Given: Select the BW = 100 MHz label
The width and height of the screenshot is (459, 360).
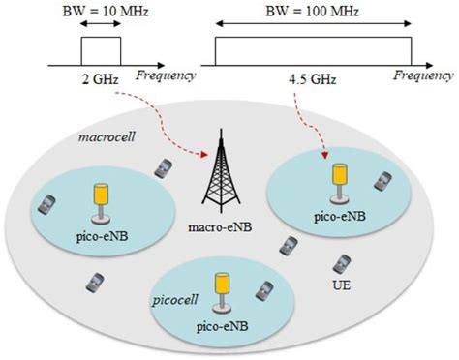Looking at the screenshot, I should (311, 9).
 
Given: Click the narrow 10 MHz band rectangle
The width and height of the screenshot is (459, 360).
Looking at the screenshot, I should (99, 48).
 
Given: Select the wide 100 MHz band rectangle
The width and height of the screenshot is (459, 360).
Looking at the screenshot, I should (313, 48).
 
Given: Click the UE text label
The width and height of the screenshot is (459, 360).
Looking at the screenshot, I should (341, 287).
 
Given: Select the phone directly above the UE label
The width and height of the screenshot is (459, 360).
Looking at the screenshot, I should (341, 263).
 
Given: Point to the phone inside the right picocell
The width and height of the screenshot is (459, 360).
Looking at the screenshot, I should (384, 181).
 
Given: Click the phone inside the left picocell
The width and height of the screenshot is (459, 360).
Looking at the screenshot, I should (46, 204).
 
